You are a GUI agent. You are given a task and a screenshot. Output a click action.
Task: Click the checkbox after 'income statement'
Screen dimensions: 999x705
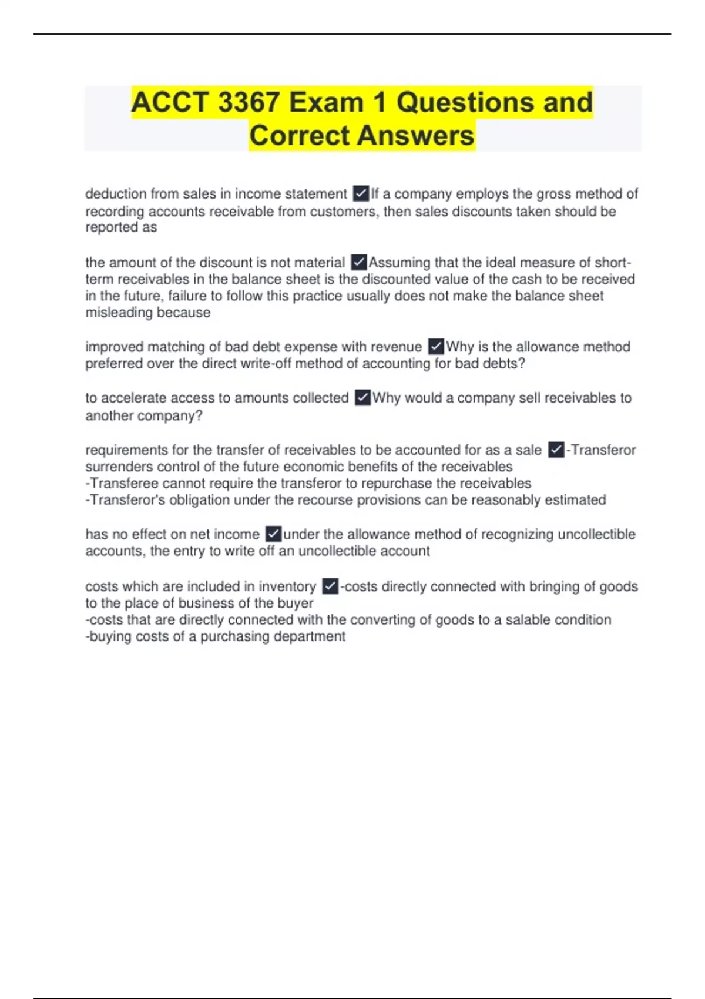tap(361, 193)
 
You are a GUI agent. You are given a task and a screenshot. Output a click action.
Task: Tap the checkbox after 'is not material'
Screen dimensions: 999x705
tap(358, 262)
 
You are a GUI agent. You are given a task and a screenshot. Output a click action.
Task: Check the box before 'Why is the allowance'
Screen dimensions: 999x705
tap(436, 347)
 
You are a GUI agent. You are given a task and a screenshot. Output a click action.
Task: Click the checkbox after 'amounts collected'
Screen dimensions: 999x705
tap(362, 398)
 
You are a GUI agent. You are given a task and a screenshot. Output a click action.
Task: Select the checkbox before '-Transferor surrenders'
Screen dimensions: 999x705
tap(556, 450)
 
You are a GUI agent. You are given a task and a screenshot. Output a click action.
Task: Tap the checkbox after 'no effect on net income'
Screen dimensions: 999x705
tap(273, 534)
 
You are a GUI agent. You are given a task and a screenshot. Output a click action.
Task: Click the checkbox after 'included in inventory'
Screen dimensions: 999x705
tap(330, 586)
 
